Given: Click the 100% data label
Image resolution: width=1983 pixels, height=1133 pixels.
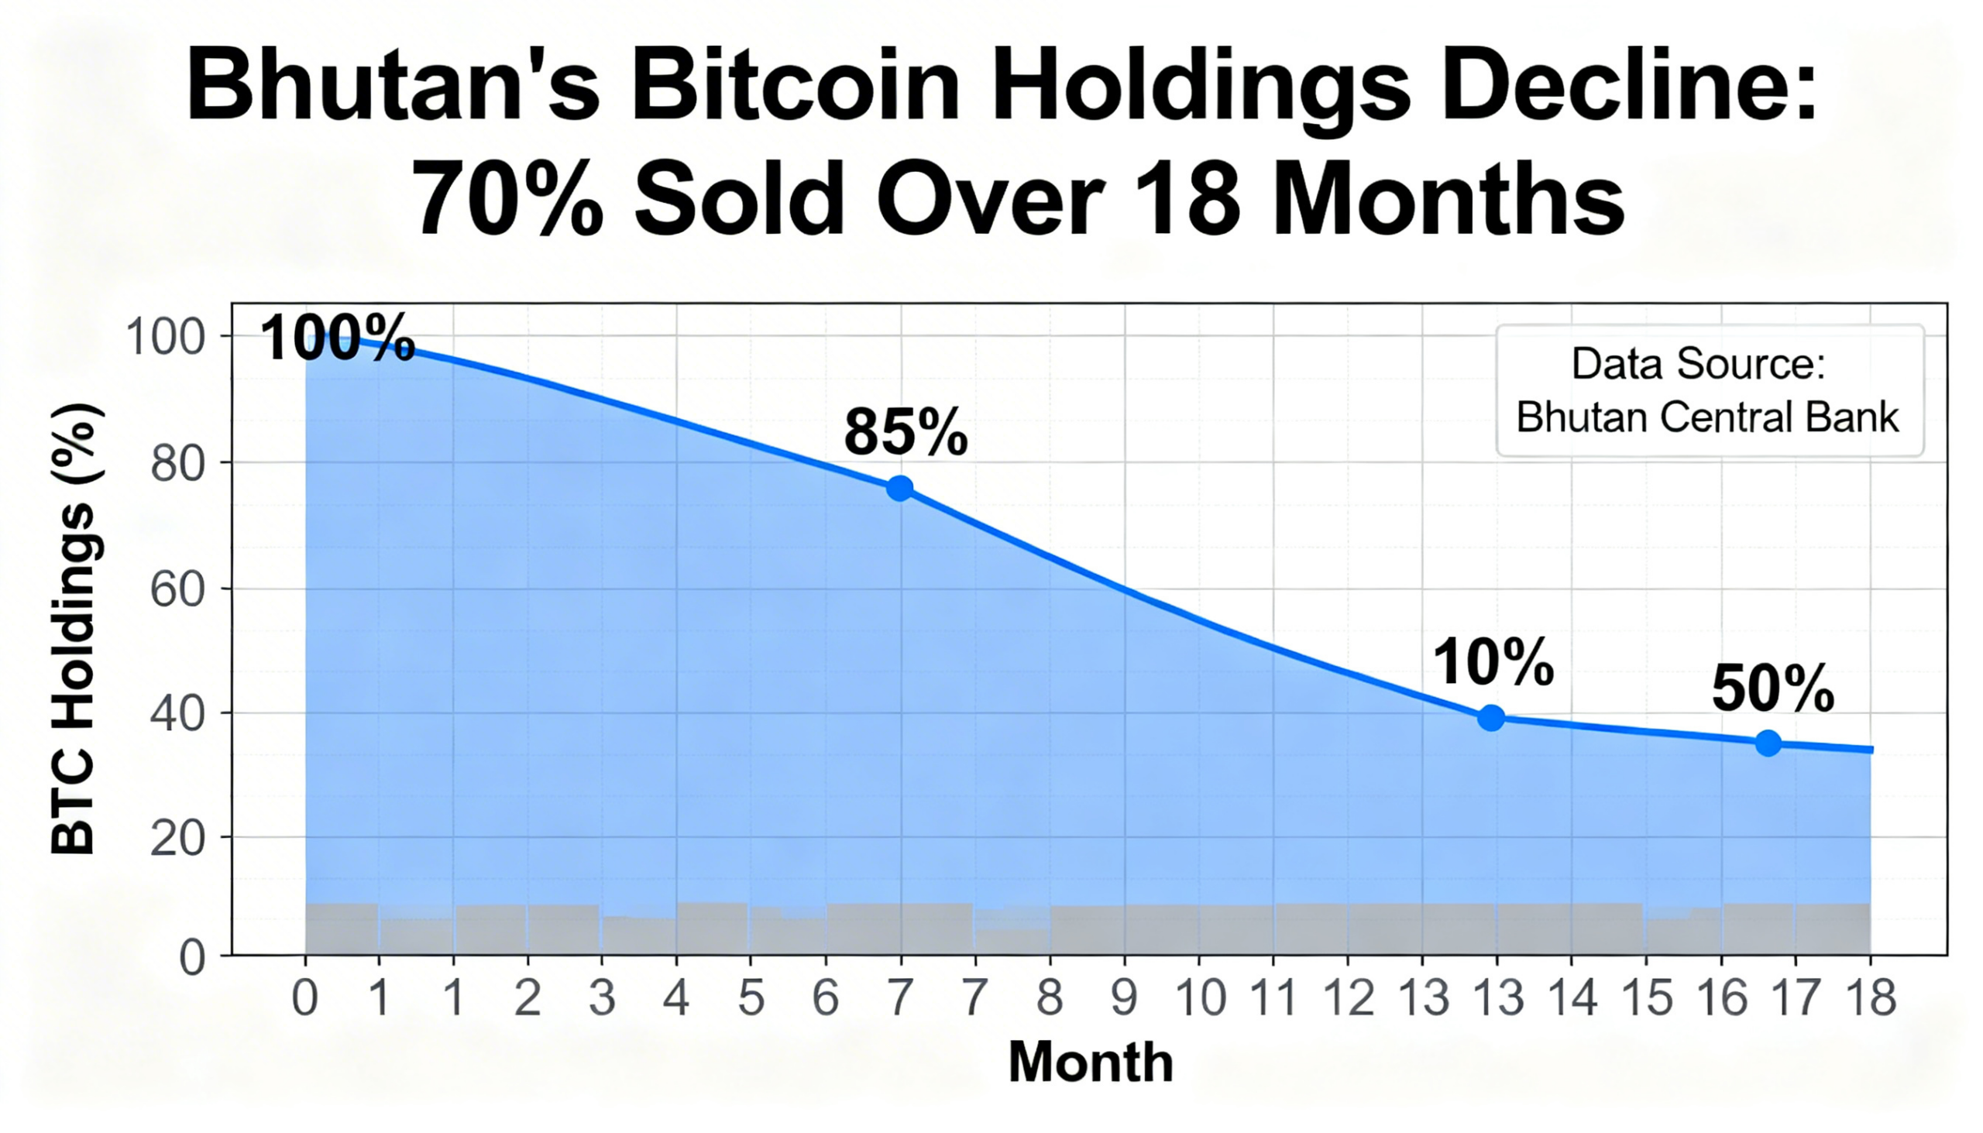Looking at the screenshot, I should tap(337, 338).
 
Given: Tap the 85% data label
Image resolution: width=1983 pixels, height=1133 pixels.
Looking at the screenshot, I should tap(905, 433).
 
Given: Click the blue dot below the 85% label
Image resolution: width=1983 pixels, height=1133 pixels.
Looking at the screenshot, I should tap(899, 489).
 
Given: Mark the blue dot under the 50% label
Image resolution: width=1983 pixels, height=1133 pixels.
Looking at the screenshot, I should tap(1768, 743).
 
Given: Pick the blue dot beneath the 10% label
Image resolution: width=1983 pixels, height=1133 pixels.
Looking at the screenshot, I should tap(1491, 717).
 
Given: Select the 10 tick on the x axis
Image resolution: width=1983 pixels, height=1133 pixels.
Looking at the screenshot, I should tap(1201, 998).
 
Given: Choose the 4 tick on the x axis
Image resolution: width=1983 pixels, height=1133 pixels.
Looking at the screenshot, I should tap(675, 998).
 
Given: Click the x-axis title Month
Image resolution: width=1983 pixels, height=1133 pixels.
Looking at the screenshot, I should tap(1091, 1063).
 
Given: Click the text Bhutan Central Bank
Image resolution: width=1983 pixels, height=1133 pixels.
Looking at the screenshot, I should tap(1707, 417).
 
